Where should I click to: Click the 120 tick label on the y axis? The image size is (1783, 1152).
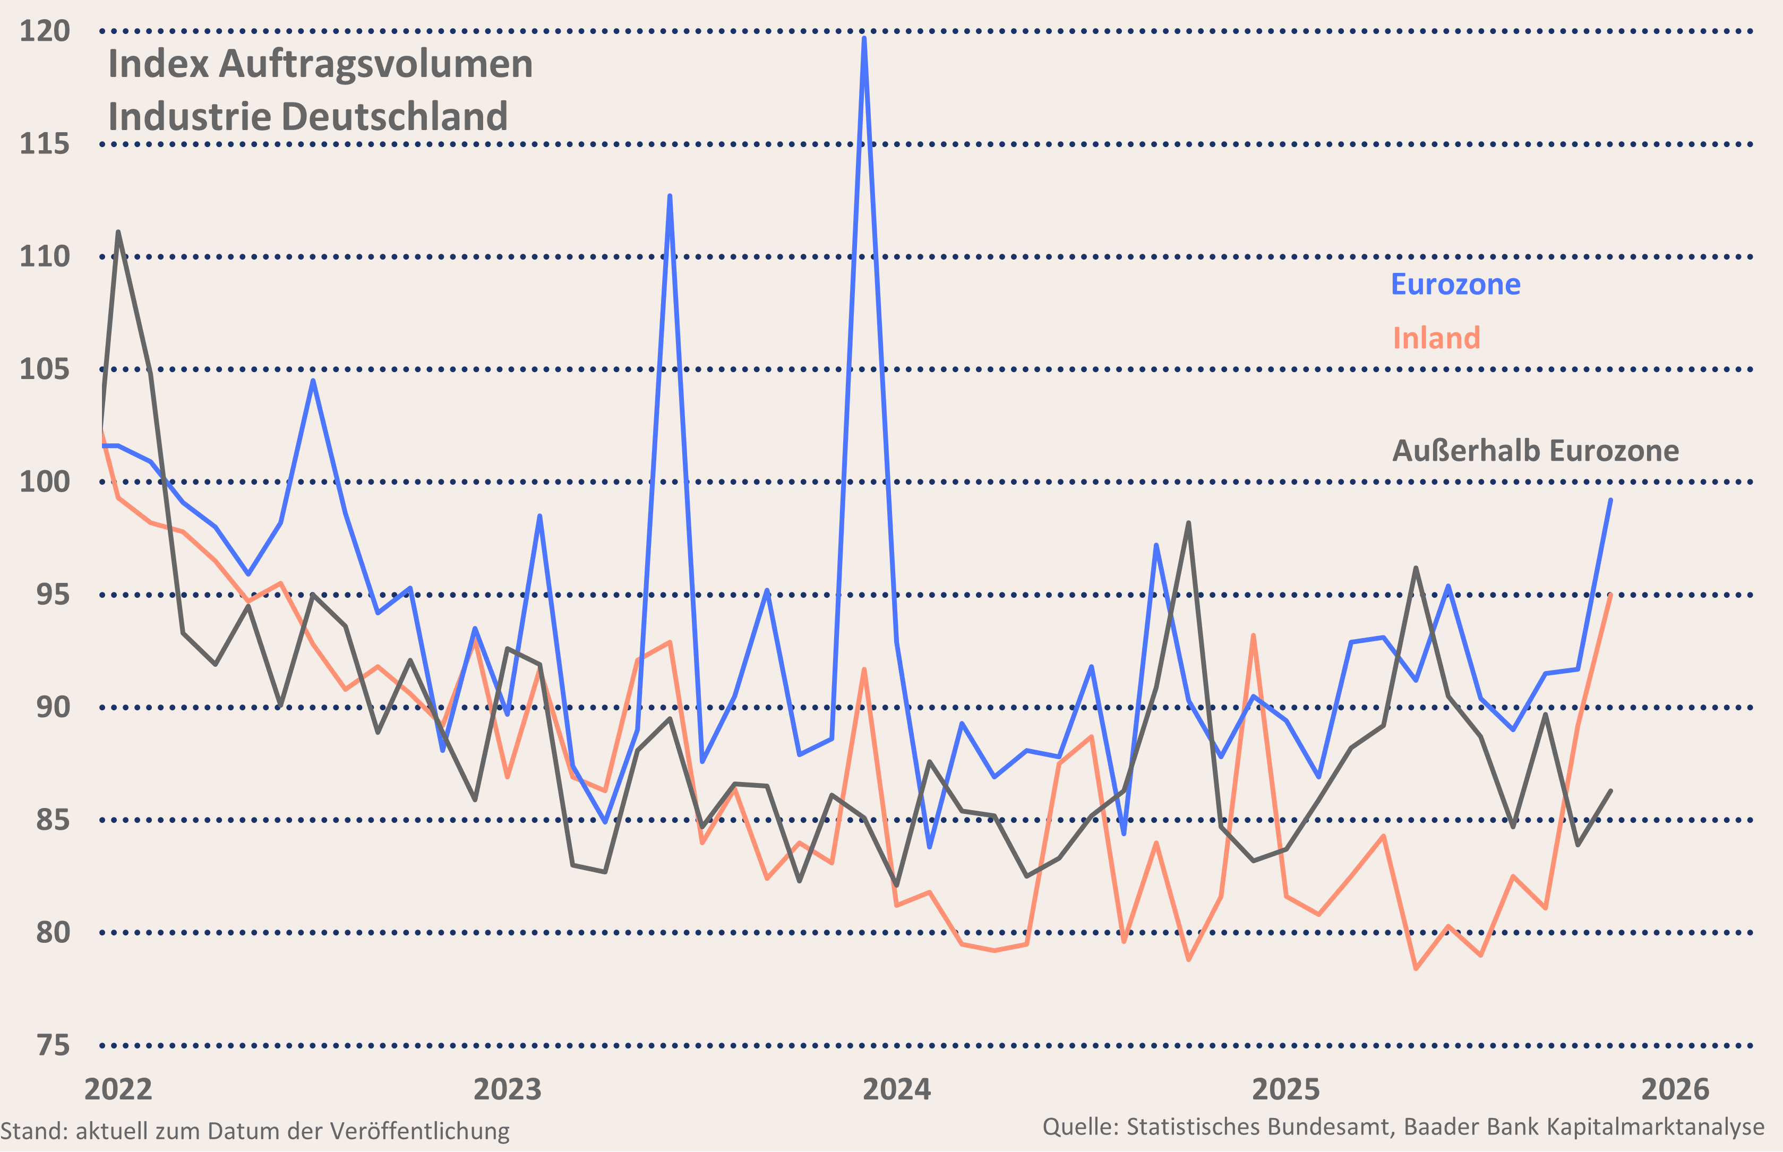pyautogui.click(x=44, y=31)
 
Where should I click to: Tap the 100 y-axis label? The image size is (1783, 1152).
pyautogui.click(x=44, y=482)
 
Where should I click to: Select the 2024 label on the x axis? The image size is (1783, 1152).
pyautogui.click(x=896, y=1089)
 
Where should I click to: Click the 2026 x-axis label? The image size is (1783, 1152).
pyautogui.click(x=1675, y=1089)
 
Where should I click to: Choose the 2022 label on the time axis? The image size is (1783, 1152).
pyautogui.click(x=118, y=1089)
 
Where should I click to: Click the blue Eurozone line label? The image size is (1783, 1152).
pyautogui.click(x=1455, y=284)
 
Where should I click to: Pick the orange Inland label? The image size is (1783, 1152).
pyautogui.click(x=1436, y=338)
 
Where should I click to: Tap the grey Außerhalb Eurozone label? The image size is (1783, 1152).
pyautogui.click(x=1536, y=451)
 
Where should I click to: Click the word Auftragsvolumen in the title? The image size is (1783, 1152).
pyautogui.click(x=375, y=64)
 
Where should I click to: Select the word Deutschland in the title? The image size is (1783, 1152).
pyautogui.click(x=395, y=117)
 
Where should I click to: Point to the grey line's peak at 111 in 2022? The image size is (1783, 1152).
pyautogui.click(x=118, y=232)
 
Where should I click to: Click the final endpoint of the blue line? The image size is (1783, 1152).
pyautogui.click(x=1610, y=500)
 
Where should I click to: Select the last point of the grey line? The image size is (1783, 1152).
pyautogui.click(x=1610, y=790)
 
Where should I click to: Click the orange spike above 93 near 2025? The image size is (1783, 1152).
pyautogui.click(x=1253, y=636)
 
